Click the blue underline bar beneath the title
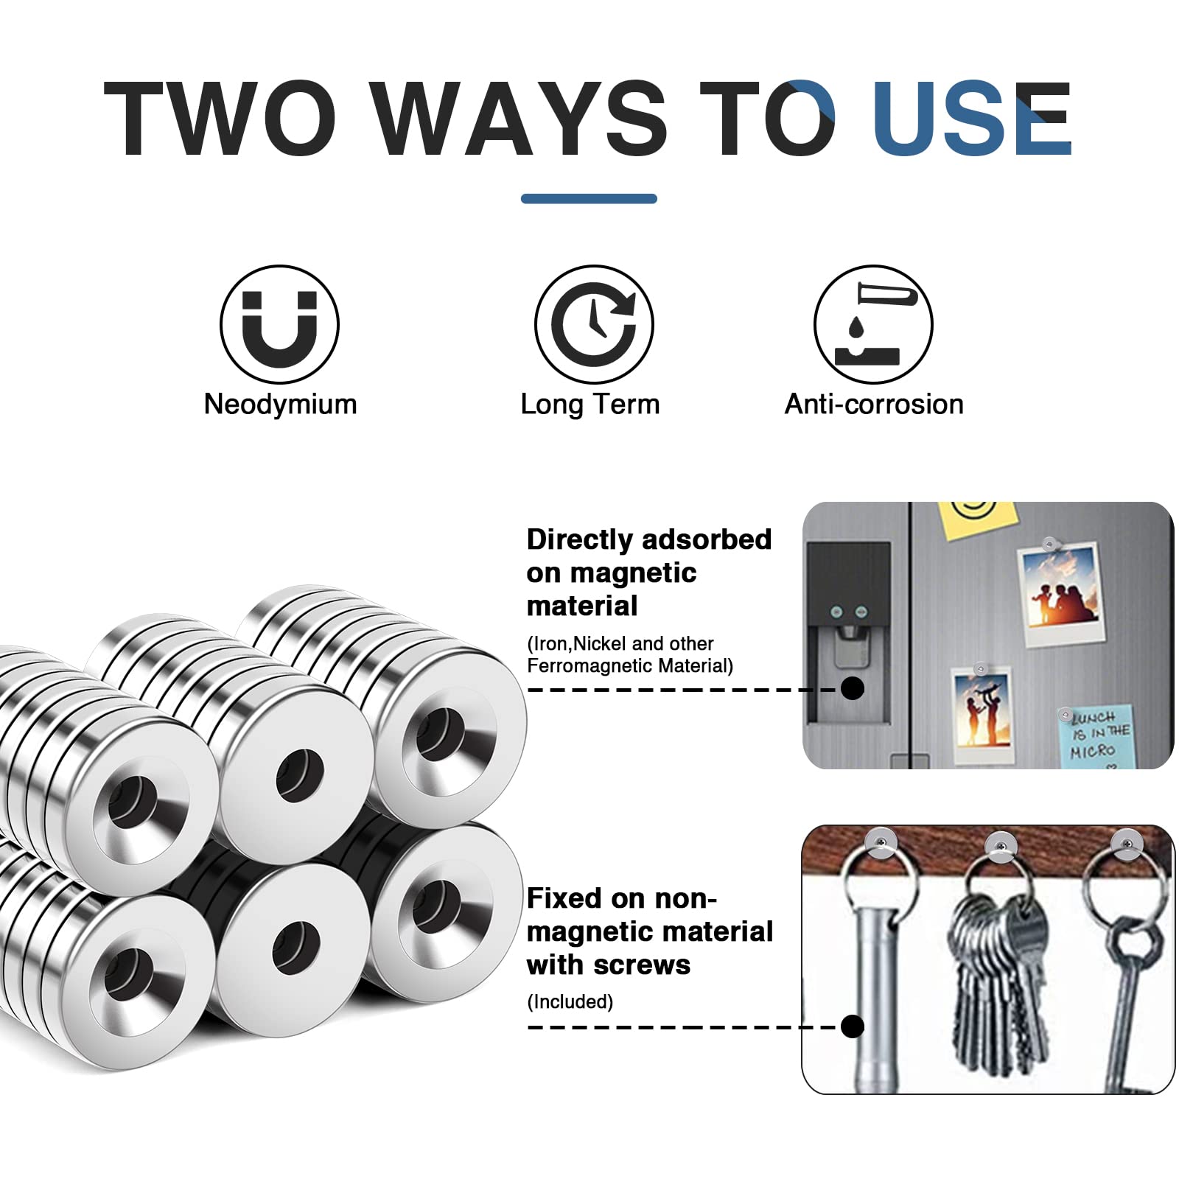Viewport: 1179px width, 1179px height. pyautogui.click(x=589, y=198)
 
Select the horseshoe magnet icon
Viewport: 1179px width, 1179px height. pyautogui.click(x=280, y=324)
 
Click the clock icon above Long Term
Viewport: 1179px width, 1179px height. pyautogui.click(x=594, y=324)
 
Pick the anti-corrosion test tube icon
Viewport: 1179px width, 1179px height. pyautogui.click(x=873, y=324)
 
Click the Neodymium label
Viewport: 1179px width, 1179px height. pyautogui.click(x=281, y=405)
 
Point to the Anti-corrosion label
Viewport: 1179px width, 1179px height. pyautogui.click(x=874, y=404)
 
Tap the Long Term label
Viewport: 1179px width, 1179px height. pyautogui.click(x=590, y=405)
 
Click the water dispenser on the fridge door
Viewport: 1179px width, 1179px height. pyautogui.click(x=848, y=634)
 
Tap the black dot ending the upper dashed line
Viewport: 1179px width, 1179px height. pyautogui.click(x=853, y=688)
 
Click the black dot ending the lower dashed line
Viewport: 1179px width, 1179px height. pyautogui.click(x=853, y=1026)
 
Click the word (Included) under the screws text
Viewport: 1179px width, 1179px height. pyautogui.click(x=570, y=1001)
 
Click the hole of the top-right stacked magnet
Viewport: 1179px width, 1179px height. pyautogui.click(x=441, y=733)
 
